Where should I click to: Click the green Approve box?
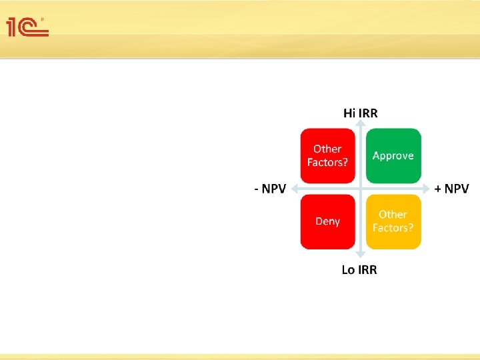(393, 155)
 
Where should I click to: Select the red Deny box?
(327, 221)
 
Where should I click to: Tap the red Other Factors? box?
(327, 155)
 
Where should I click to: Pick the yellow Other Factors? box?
(393, 221)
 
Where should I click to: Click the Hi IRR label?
(360, 113)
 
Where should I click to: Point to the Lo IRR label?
(359, 269)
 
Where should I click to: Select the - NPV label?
(270, 189)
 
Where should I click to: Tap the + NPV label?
(451, 189)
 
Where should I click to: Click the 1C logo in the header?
(27, 27)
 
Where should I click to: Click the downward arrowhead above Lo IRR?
(360, 254)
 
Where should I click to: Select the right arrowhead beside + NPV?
(426, 189)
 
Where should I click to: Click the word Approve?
(393, 155)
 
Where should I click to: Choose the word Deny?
(327, 221)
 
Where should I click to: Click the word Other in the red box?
(327, 149)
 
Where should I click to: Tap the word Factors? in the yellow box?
(393, 228)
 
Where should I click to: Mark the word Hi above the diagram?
(350, 113)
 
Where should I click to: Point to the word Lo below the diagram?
(349, 269)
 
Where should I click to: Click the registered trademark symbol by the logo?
(43, 19)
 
